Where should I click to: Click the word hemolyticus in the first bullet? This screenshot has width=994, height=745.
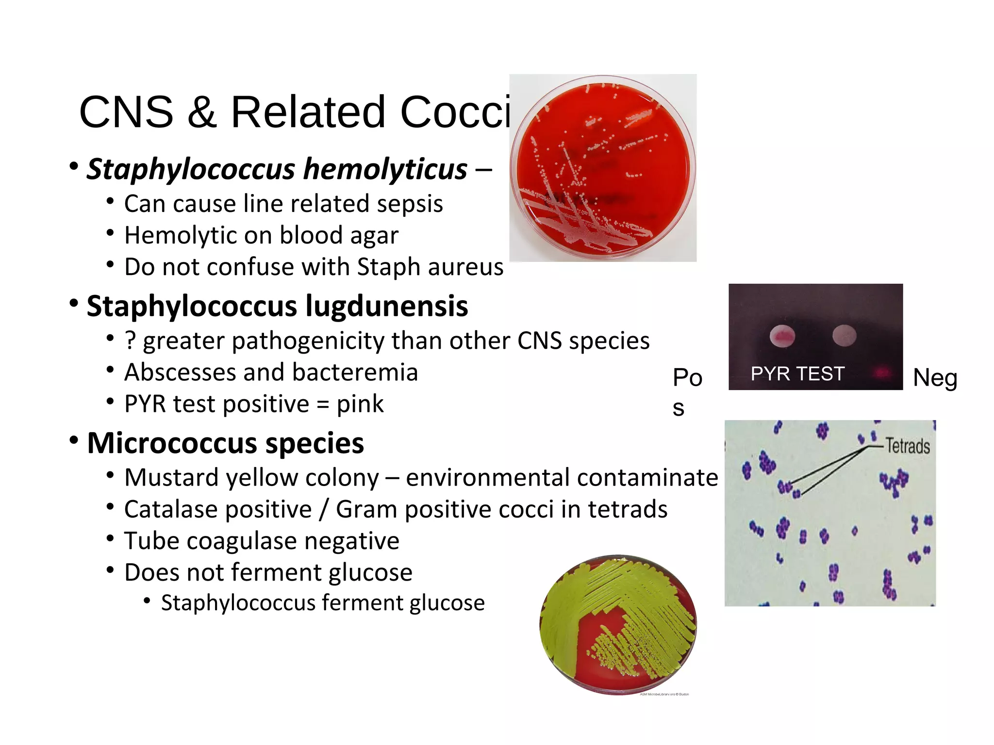coord(385,169)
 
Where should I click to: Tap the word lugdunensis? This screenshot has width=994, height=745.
coord(386,307)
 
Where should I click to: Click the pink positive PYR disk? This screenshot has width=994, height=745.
coord(782,336)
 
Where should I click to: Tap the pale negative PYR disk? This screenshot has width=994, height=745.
coord(844,335)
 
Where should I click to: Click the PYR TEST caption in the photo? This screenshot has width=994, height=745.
coord(797,374)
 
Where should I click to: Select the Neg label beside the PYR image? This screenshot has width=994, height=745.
coord(935,378)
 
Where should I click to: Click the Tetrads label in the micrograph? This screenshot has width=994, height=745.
coord(908,446)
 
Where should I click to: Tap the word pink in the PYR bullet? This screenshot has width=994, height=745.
coord(360,404)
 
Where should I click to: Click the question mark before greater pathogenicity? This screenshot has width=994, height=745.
coord(130,340)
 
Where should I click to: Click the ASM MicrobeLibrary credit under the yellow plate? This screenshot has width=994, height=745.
coord(664,694)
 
